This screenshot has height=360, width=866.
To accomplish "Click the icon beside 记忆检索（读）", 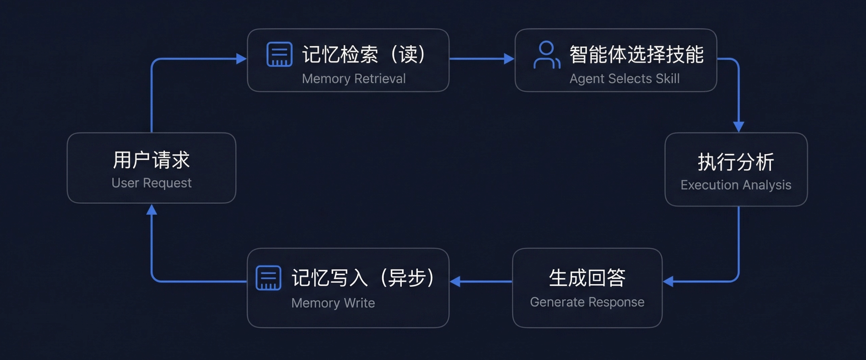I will (279, 54).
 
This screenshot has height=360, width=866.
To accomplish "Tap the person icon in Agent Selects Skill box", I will (547, 55).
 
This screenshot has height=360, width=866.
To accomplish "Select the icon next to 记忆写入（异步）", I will (268, 278).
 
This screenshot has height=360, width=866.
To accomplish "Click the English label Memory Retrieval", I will (354, 79).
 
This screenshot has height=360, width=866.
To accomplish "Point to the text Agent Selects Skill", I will (624, 79).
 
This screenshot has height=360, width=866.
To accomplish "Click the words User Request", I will (151, 183).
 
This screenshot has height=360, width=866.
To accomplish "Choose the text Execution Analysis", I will (736, 185).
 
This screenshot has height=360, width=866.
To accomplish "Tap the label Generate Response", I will (587, 302).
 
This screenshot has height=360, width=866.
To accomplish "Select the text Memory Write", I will (333, 303).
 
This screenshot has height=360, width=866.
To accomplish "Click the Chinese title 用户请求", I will (151, 160).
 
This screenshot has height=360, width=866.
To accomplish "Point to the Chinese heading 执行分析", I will (736, 162).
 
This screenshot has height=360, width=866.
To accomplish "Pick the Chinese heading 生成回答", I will (587, 278).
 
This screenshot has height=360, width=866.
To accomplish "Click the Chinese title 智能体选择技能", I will (637, 54).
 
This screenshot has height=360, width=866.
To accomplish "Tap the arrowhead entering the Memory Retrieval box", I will (241, 58).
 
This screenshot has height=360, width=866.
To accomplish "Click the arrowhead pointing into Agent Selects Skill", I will (509, 58).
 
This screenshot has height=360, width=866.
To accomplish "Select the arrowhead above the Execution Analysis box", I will (739, 127).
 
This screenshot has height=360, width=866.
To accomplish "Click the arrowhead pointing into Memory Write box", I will (455, 281).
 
